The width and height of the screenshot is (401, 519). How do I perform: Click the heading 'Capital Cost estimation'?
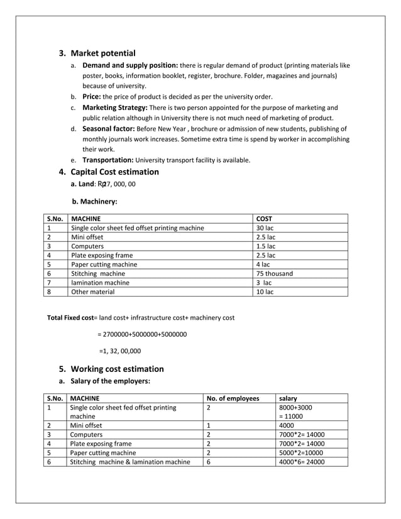[x=114, y=172]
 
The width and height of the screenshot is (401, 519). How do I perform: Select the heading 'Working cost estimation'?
[x=117, y=369]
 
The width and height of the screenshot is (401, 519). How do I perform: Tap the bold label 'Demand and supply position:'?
[x=130, y=65]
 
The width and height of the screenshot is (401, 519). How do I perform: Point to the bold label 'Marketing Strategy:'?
[x=115, y=107]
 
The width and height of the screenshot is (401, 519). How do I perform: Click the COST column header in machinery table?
[x=265, y=219]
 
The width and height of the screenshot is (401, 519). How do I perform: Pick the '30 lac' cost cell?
[x=265, y=228]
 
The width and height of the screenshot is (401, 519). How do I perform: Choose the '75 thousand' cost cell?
[x=274, y=273]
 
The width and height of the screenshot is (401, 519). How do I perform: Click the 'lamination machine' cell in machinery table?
[x=101, y=283]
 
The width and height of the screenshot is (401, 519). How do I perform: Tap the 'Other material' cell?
[x=93, y=292]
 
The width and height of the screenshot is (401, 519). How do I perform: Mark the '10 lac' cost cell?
[x=265, y=292]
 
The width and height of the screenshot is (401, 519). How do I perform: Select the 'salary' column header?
[x=288, y=398]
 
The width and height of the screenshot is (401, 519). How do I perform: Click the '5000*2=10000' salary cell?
[x=302, y=452]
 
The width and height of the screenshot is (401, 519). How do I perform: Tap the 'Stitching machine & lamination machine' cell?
[x=130, y=462]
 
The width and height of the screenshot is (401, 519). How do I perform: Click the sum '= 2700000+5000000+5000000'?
[x=142, y=334]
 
